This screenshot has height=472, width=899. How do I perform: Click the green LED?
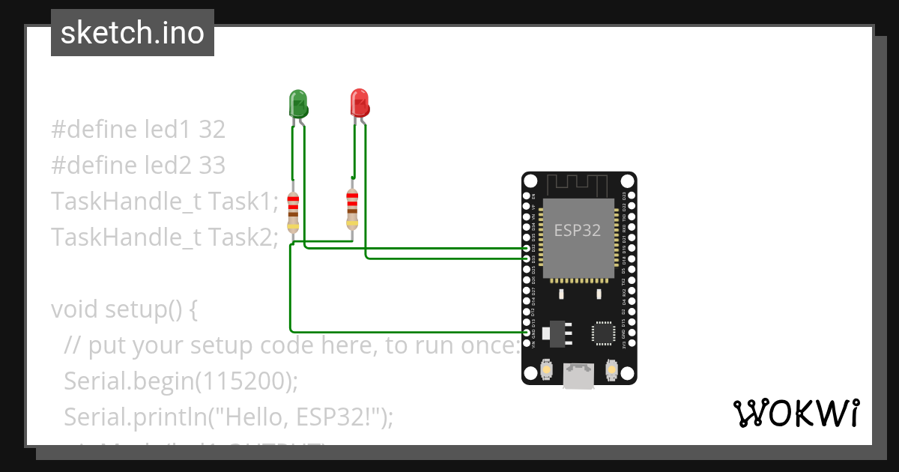[298, 103]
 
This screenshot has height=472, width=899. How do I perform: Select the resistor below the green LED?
[293, 211]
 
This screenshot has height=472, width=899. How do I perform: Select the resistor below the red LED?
[351, 209]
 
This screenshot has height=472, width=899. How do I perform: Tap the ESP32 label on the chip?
[577, 230]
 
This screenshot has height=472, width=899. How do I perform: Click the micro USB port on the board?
[579, 376]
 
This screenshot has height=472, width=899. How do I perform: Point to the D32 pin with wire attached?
[526, 248]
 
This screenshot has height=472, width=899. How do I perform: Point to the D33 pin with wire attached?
[526, 258]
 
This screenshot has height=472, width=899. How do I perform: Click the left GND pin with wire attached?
[526, 331]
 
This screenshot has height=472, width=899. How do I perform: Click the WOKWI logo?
[796, 413]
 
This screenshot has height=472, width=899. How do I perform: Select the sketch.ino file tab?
[133, 33]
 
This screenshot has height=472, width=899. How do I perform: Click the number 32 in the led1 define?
[212, 130]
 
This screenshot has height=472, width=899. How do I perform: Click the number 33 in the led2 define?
[212, 165]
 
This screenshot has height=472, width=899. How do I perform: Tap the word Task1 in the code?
[243, 202]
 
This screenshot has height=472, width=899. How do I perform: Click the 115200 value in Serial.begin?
[243, 381]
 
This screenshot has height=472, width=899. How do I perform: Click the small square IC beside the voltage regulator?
[604, 333]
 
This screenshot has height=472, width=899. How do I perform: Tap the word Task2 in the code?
[243, 237]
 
